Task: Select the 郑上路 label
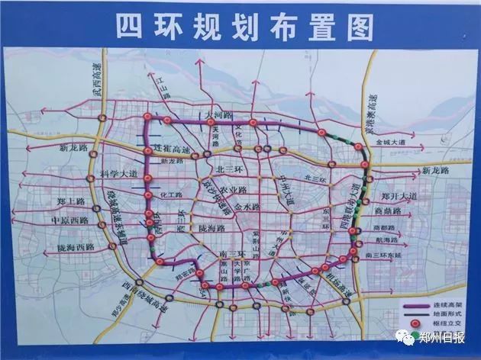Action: point(71,202)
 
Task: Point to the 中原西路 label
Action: point(69,220)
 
